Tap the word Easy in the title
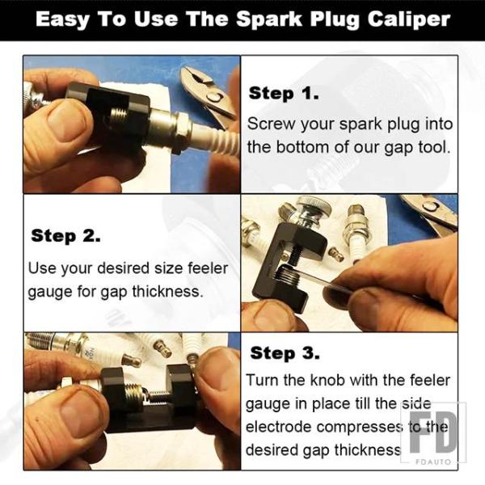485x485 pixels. [x=62, y=19]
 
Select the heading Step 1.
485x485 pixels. [x=284, y=93]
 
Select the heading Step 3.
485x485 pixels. [x=285, y=352]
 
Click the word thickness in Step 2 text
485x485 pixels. [x=167, y=291]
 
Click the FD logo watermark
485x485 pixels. [x=433, y=432]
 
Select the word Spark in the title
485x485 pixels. [x=269, y=19]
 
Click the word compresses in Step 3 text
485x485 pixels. [x=360, y=427]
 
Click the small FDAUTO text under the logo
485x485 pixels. [x=433, y=462]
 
